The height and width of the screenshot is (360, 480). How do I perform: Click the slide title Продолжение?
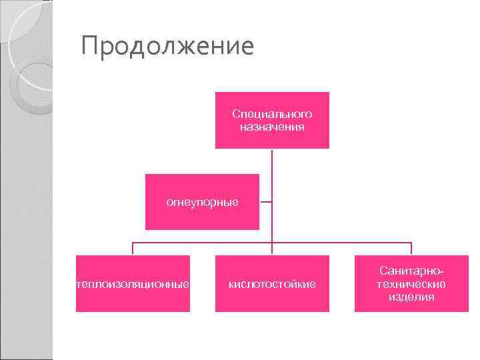pyautogui.click(x=167, y=47)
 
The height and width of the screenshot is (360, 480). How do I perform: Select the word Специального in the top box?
pyautogui.click(x=272, y=114)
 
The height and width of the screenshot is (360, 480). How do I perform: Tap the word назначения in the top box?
pyautogui.click(x=272, y=126)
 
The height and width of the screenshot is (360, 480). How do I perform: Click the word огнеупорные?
pyautogui.click(x=202, y=201)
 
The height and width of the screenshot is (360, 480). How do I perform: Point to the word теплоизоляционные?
pyautogui.click(x=133, y=284)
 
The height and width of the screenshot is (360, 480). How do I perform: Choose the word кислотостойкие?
pyautogui.click(x=272, y=284)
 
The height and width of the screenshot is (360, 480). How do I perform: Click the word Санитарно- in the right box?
pyautogui.click(x=411, y=271)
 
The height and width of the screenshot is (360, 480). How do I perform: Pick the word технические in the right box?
pyautogui.click(x=411, y=284)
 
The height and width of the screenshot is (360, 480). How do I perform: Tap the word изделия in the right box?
pyautogui.click(x=411, y=297)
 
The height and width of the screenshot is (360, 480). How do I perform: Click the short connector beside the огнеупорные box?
pyautogui.click(x=265, y=201)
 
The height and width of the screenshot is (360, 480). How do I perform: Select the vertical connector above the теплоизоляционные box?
pyautogui.click(x=133, y=249)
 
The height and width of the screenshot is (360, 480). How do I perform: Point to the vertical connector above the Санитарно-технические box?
pyautogui.click(x=411, y=249)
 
